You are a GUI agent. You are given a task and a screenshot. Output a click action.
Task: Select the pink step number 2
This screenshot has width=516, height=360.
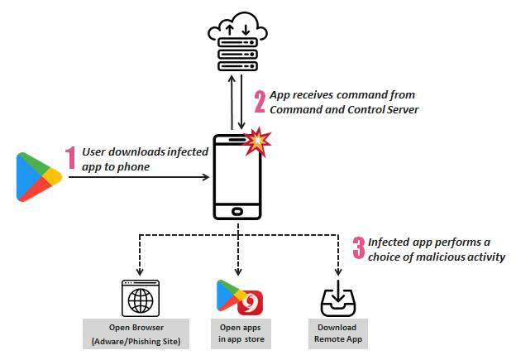click(260, 101)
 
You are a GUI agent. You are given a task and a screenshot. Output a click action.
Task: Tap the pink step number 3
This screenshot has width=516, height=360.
click(359, 248)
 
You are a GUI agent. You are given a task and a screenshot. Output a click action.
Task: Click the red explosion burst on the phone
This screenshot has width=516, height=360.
click(259, 142)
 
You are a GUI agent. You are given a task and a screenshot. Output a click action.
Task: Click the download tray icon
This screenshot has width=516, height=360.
click(338, 300)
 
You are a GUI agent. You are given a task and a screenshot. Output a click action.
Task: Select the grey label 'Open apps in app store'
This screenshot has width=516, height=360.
click(238, 334)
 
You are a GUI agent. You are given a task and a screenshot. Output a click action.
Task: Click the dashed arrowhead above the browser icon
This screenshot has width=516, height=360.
click(138, 274)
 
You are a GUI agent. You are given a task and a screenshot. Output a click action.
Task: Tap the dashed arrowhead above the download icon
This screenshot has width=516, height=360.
click(338, 274)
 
